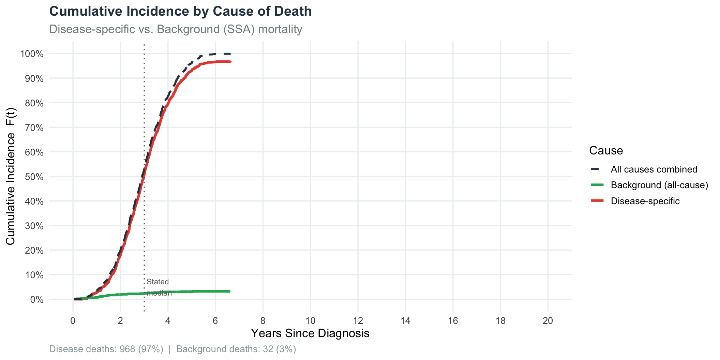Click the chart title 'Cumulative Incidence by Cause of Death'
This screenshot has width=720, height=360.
point(180,12)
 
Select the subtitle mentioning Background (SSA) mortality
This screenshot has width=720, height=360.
point(176,29)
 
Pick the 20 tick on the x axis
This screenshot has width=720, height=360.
point(547,321)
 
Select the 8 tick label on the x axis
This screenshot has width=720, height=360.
point(263,321)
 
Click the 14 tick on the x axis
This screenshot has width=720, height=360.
point(405,321)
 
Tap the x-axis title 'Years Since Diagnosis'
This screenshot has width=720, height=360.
point(310,333)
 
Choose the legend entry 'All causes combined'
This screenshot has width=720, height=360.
point(654,169)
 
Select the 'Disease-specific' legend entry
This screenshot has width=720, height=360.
point(645,201)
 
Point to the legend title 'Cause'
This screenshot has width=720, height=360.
point(606,151)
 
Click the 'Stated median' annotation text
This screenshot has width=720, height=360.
point(158,287)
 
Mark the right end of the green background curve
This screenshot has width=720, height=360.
point(230,291)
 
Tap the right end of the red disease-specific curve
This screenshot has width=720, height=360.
point(230,62)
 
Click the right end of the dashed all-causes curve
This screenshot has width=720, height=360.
point(230,54)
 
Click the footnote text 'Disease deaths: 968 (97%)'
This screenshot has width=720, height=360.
point(106,349)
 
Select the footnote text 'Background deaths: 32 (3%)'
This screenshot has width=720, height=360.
point(236,349)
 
